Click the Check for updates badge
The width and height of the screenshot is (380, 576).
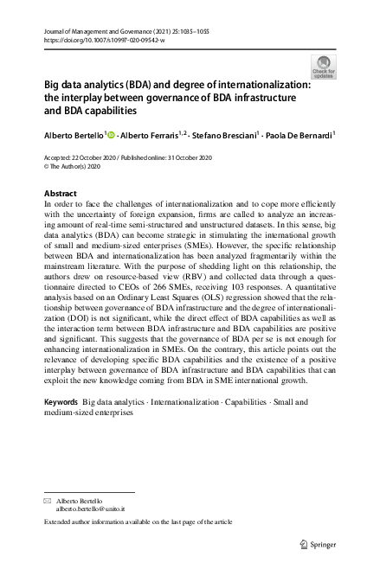325,66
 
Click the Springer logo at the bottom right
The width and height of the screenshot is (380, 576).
319,543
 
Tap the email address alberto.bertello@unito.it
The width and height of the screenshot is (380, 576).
91,510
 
